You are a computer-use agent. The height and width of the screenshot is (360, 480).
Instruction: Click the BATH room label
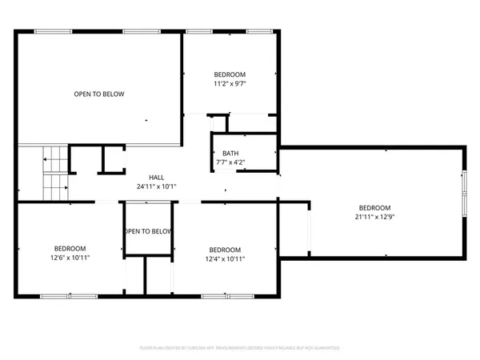(230, 154)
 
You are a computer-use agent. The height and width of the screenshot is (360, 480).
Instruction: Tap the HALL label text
(156, 178)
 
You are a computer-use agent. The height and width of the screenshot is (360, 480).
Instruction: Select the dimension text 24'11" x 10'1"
(156, 186)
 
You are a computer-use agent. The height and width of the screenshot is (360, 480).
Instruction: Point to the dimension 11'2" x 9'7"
(230, 83)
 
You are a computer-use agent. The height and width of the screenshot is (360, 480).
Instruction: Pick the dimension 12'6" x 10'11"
(70, 258)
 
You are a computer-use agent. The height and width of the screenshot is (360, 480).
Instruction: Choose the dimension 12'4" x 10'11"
(225, 258)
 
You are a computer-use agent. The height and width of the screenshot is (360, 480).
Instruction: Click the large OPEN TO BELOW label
(99, 94)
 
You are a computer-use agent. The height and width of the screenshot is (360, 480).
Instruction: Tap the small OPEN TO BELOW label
(148, 231)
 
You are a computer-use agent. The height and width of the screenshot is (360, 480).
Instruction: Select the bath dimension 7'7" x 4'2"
(230, 162)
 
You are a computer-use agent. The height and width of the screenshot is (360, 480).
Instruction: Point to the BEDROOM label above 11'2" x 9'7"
(230, 74)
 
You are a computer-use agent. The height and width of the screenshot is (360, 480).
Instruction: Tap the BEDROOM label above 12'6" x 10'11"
(70, 249)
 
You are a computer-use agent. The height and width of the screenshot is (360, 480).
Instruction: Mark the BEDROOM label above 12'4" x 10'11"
(225, 249)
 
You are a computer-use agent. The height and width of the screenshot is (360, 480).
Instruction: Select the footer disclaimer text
(240, 349)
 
